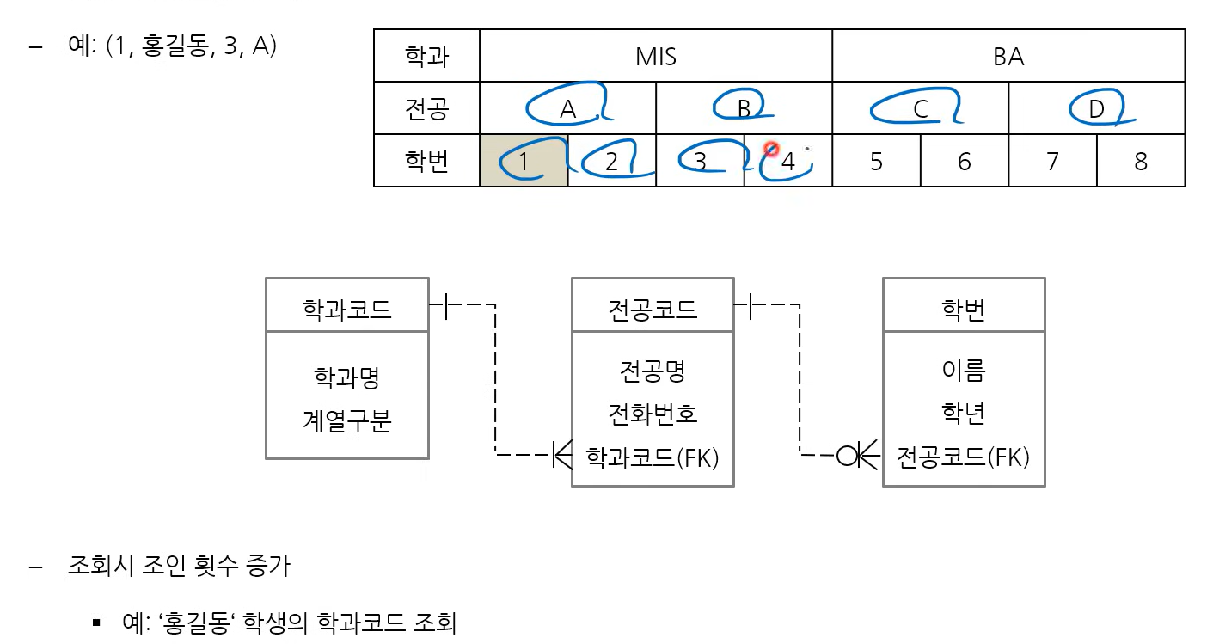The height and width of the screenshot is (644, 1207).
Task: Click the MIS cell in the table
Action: [655, 57]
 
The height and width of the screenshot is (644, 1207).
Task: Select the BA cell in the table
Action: [1008, 57]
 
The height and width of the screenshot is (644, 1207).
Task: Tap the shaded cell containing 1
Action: [524, 161]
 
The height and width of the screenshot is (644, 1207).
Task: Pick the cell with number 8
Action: [1141, 161]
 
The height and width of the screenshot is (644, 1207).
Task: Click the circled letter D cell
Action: [1096, 109]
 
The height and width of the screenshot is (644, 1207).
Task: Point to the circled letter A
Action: [567, 109]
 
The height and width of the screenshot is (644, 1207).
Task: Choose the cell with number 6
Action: [964, 161]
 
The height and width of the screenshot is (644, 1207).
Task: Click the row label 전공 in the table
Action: [426, 109]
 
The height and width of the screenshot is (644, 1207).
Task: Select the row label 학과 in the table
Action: [426, 57]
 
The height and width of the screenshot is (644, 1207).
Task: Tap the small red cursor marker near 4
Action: [771, 150]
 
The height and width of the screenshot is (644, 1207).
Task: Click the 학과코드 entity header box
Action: [346, 308]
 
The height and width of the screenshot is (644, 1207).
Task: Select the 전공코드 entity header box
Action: [653, 308]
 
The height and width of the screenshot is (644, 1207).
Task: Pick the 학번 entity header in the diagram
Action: [964, 308]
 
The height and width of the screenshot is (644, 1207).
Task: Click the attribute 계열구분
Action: [346, 421]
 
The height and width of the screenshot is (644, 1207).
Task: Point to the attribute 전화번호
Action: [653, 414]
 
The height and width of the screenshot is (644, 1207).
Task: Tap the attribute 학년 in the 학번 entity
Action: [964, 414]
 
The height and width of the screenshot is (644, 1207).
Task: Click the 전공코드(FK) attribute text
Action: [963, 457]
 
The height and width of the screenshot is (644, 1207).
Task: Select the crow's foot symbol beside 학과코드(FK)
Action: [562, 454]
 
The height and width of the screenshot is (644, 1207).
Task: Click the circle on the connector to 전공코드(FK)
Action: [848, 454]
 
